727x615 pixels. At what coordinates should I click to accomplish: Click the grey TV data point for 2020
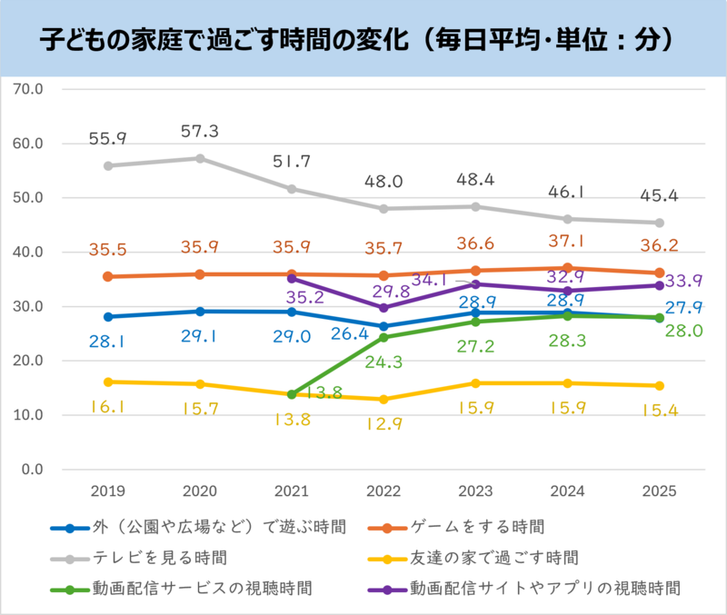200,158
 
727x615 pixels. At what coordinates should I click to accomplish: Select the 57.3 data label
200,132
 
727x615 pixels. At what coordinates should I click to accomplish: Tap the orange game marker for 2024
568,268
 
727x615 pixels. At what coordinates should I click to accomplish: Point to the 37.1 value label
568,241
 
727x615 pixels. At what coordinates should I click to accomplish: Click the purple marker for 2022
383,308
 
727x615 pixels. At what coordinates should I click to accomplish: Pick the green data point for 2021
292,394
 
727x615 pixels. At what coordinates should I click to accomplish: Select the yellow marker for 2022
383,400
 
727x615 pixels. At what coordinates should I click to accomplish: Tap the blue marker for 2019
108,317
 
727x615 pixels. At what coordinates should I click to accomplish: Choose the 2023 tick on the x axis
475,491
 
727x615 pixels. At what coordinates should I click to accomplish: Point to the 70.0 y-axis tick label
30,89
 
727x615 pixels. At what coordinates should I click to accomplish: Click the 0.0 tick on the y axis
34,470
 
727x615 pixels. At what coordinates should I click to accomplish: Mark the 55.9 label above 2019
108,139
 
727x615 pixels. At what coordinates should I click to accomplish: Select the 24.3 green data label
383,362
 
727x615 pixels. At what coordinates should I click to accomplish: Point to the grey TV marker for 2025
660,223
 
